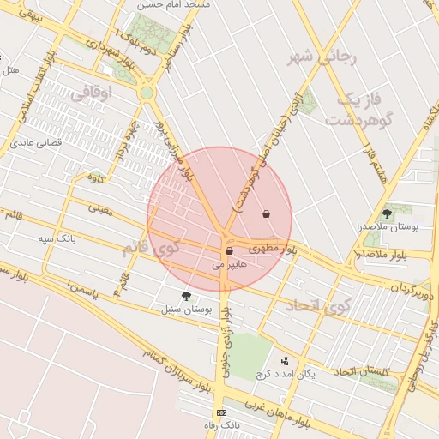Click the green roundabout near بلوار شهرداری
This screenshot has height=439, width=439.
click(x=147, y=93)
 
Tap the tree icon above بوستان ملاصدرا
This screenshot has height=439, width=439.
click(x=387, y=213)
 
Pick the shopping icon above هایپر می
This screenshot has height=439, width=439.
click(x=229, y=251)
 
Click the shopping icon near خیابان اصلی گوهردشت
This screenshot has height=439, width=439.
click(x=267, y=213)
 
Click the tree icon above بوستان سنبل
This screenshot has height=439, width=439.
click(x=186, y=296)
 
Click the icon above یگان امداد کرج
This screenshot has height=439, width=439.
click(x=286, y=361)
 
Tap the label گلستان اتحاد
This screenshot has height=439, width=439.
click(x=361, y=371)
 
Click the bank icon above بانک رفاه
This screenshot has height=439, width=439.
click(x=222, y=413)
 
